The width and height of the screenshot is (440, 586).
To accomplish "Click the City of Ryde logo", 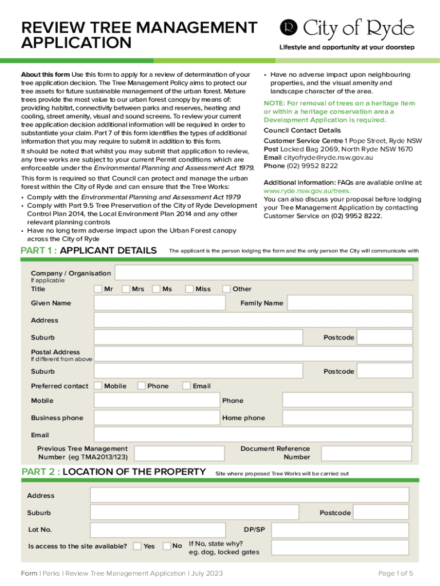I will coord(346,28).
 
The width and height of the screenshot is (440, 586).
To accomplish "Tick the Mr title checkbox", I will coord(98,289).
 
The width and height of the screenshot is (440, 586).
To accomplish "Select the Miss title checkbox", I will coord(190,289).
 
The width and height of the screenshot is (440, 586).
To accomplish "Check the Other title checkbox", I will coord(227,289).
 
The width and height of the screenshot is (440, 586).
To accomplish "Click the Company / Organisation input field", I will coord(263,273).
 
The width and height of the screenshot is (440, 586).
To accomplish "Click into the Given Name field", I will coord(160,303).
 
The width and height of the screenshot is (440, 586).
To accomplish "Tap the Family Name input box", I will coord(349,303).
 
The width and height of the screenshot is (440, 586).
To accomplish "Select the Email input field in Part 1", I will coord(253,435).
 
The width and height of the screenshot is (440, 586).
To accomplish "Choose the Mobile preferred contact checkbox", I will coord(98,386).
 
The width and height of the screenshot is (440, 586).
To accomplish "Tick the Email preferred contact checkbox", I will coord(187,386).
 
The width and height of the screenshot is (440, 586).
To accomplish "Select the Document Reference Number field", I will coord(366,453).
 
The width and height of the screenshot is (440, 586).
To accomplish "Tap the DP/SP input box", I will coord(340,530).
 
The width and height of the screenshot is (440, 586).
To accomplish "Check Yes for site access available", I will coord(138,546).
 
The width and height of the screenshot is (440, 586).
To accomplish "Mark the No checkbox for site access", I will coord(167,546).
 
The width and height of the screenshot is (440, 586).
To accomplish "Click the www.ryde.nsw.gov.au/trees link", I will coord(307,191).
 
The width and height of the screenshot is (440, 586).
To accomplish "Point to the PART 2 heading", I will coord(113,472).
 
